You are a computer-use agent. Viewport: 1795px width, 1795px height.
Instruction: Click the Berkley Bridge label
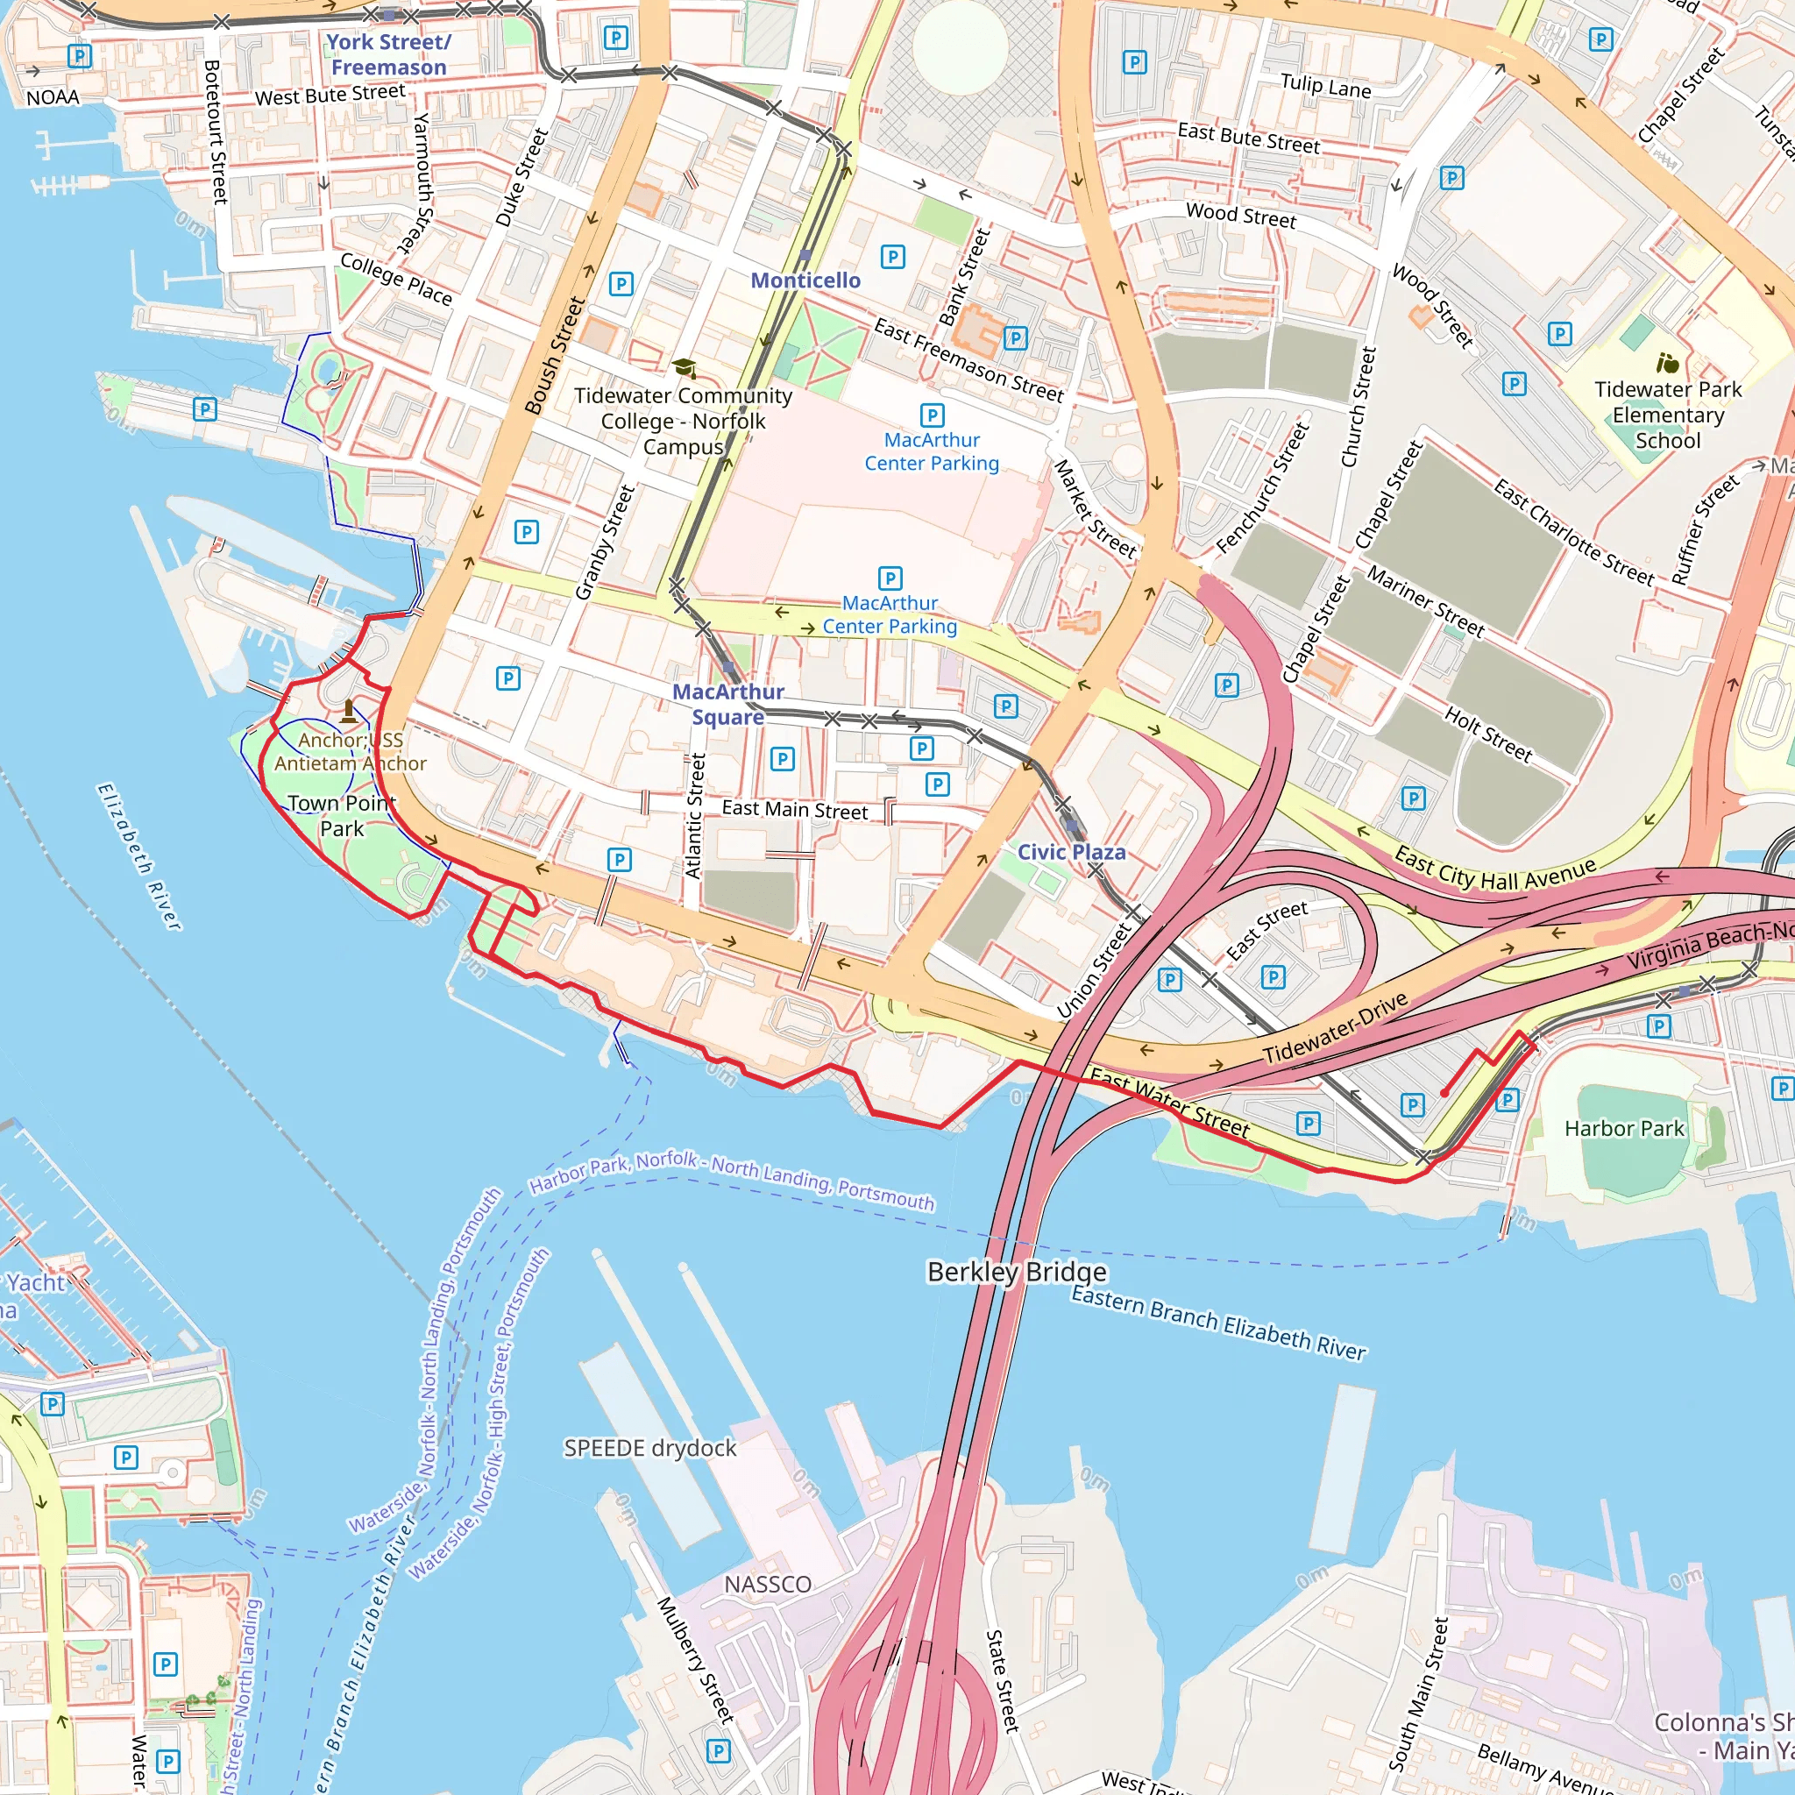pos(1017,1271)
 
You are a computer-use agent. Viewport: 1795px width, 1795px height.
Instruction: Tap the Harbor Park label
pos(1623,1128)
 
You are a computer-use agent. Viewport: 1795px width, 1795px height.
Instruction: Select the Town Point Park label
pos(341,816)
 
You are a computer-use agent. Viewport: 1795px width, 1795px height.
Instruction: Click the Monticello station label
pos(805,280)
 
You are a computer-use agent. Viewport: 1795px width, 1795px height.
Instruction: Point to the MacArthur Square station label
pos(728,705)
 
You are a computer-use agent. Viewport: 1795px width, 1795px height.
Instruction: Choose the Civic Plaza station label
pos(1071,852)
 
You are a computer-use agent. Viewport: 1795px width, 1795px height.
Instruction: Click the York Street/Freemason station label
pos(388,55)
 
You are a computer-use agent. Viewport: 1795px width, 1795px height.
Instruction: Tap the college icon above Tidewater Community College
pos(684,368)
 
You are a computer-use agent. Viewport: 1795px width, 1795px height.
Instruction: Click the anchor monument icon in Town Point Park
pos(349,712)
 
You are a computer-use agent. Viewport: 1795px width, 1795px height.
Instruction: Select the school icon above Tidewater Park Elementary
pos(1668,362)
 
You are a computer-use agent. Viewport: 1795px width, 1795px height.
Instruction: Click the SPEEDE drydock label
pos(649,1449)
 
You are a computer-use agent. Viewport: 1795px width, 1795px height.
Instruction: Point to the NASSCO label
pos(768,1584)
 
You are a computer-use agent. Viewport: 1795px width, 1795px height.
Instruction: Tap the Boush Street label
pos(555,355)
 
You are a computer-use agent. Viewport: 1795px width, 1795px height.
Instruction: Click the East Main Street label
pos(794,810)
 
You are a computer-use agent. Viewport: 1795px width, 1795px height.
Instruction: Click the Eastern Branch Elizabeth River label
pos(1218,1323)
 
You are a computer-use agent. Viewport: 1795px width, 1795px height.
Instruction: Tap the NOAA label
pos(52,97)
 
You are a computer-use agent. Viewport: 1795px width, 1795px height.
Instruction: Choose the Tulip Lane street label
pos(1325,86)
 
